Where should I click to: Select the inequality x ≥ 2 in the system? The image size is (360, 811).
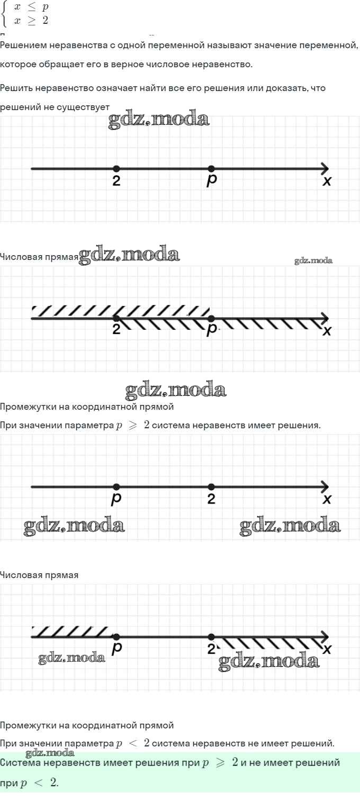pyautogui.click(x=31, y=21)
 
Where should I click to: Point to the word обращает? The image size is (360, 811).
pyautogui.click(x=58, y=65)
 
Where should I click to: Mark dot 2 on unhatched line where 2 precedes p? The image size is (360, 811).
pyautogui.click(x=116, y=169)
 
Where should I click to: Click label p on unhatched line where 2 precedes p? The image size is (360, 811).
pyautogui.click(x=212, y=180)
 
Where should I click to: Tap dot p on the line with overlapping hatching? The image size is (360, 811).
pyautogui.click(x=211, y=319)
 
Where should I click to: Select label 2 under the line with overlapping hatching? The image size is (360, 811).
pyautogui.click(x=116, y=330)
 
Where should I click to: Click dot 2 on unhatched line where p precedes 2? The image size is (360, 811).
pyautogui.click(x=211, y=487)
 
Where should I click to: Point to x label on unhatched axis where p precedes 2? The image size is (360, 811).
pyautogui.click(x=327, y=499)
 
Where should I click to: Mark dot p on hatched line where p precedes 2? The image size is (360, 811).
pyautogui.click(x=116, y=637)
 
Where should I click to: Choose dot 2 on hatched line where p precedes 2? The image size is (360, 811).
pyautogui.click(x=211, y=637)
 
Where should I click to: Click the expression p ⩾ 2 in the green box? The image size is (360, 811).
pyautogui.click(x=220, y=763)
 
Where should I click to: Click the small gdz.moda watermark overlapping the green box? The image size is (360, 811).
pyautogui.click(x=50, y=752)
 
